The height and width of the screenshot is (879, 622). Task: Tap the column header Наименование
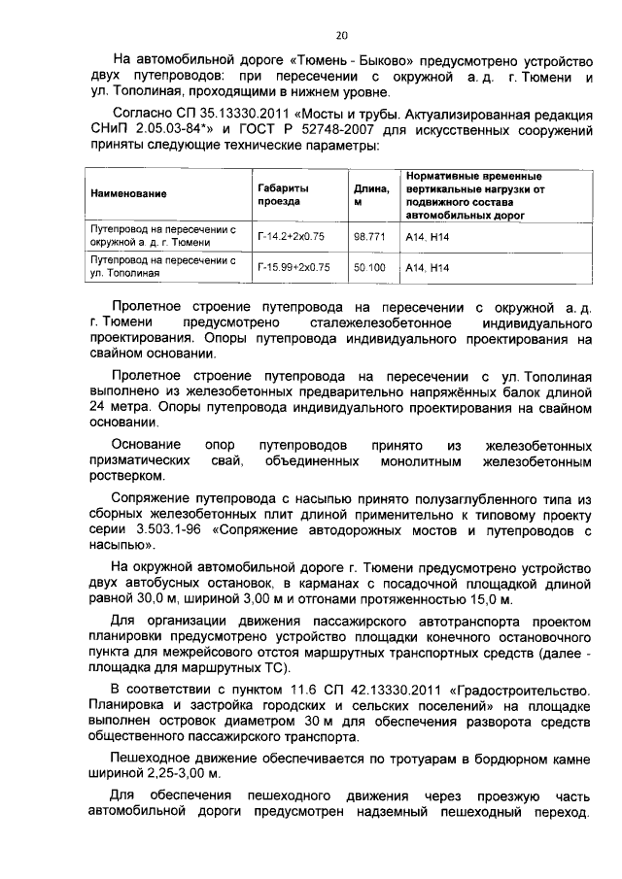tap(128, 194)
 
